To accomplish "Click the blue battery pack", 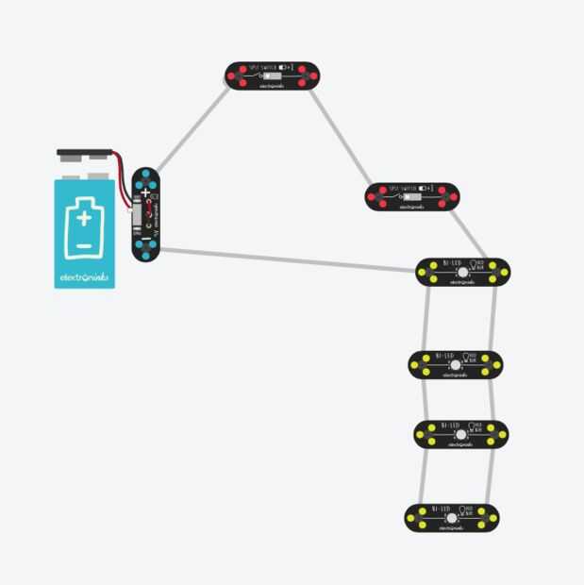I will click(85, 231).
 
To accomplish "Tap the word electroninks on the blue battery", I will click(85, 278).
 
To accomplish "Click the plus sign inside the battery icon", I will click(85, 218).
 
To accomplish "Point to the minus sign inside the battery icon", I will click(85, 244).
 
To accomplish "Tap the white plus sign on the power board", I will click(145, 192).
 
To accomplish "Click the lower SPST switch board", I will click(412, 196).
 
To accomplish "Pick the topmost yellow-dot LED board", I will click(462, 273).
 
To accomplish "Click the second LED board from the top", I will click(456, 364).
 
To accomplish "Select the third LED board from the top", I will click(461, 434).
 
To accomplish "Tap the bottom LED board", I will click(452, 517).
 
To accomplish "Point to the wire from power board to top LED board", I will click(283, 259).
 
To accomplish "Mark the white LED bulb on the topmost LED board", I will click(463, 273).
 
